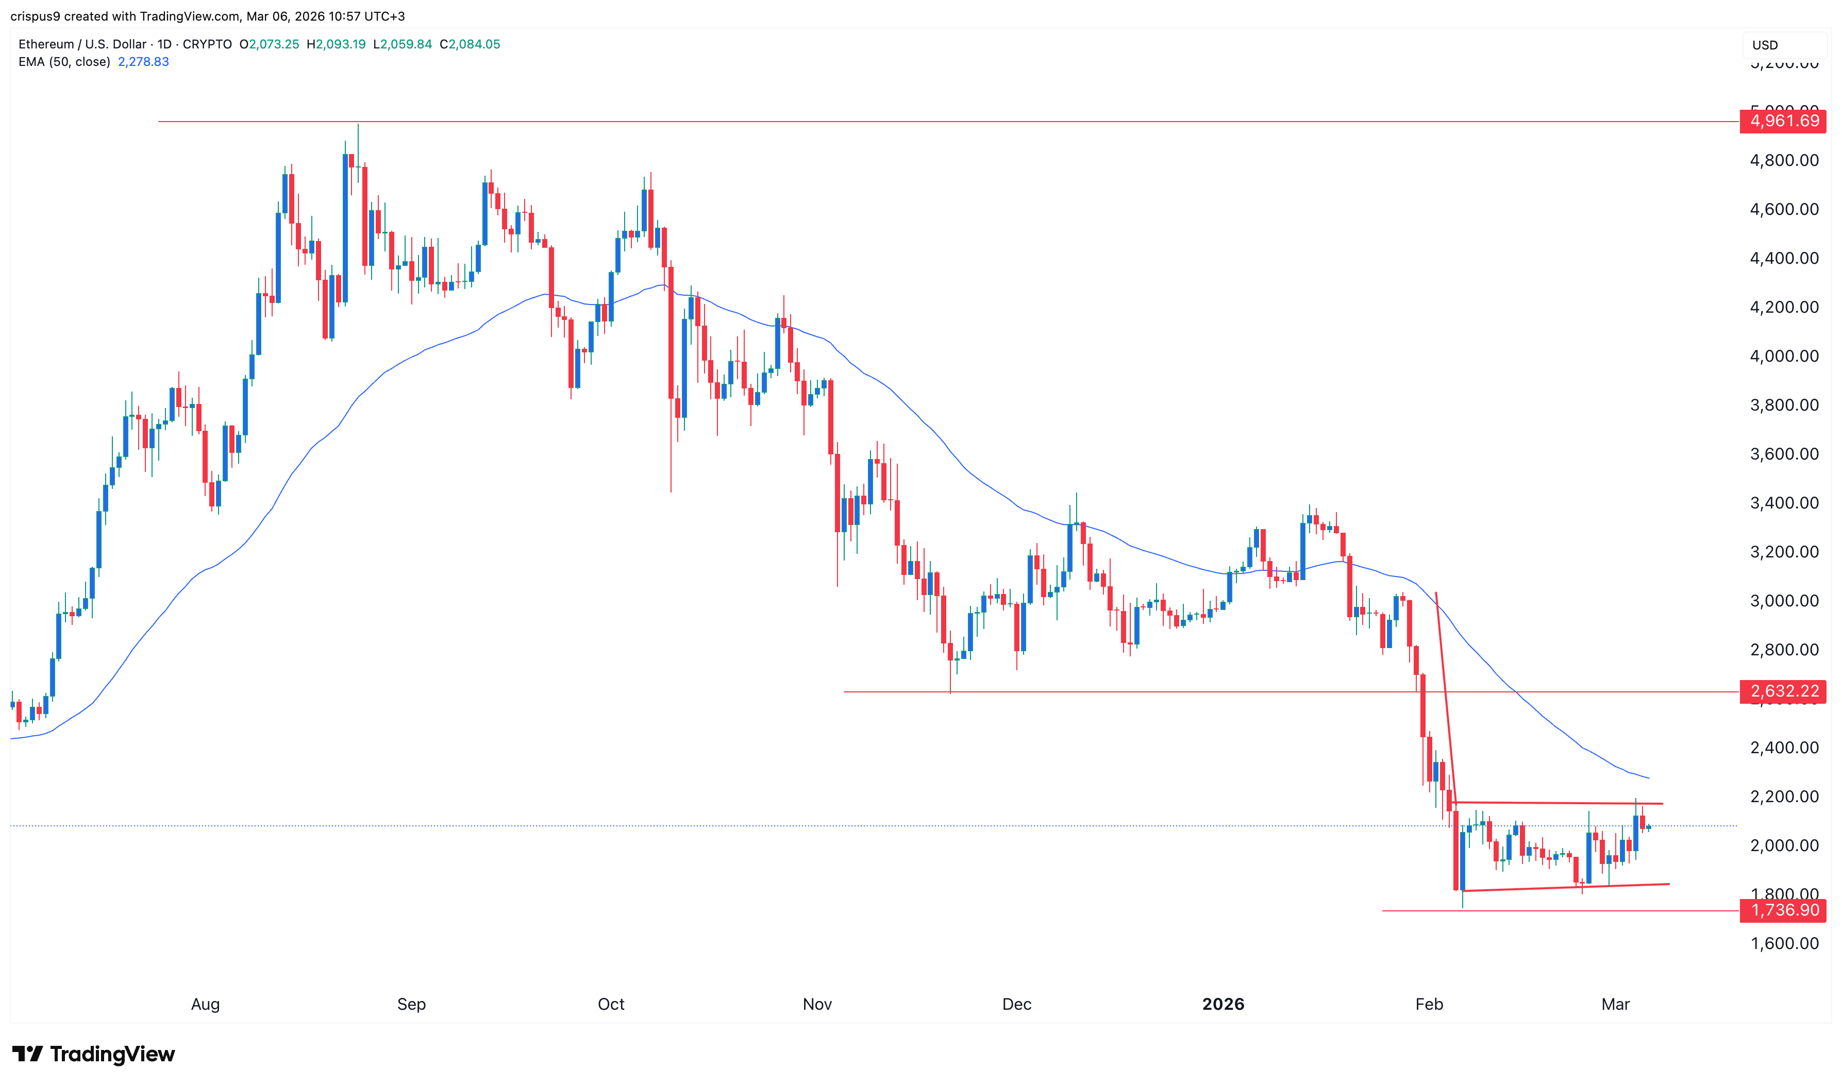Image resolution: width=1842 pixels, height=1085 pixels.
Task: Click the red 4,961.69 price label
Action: coord(1783,121)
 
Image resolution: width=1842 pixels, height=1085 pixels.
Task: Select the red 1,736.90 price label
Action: coord(1783,910)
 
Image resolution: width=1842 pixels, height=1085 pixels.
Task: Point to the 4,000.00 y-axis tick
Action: coord(1783,356)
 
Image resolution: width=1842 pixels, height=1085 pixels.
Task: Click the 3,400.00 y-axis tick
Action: coord(1783,503)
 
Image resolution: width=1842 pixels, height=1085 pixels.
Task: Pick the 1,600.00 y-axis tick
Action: coord(1783,943)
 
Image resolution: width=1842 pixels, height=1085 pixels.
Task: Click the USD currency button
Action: coord(1765,45)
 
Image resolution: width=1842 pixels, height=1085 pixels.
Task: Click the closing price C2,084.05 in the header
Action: coord(470,44)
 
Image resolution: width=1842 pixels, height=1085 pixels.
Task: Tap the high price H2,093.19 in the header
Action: coord(336,44)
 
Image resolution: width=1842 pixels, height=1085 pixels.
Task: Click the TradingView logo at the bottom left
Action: coord(94,1054)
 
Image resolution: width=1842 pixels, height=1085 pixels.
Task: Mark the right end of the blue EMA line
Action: coord(1648,778)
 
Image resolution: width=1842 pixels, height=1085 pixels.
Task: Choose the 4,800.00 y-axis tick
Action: coord(1783,160)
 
